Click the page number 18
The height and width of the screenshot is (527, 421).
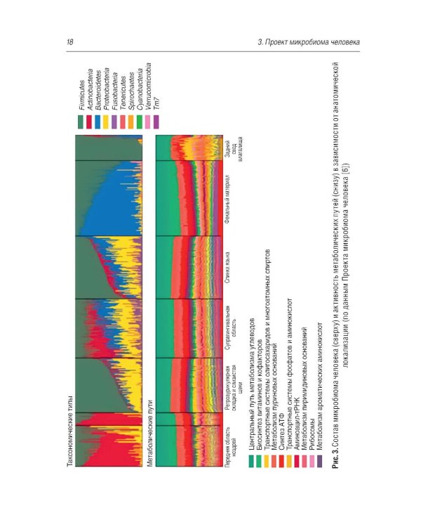pyautogui.click(x=70, y=43)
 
